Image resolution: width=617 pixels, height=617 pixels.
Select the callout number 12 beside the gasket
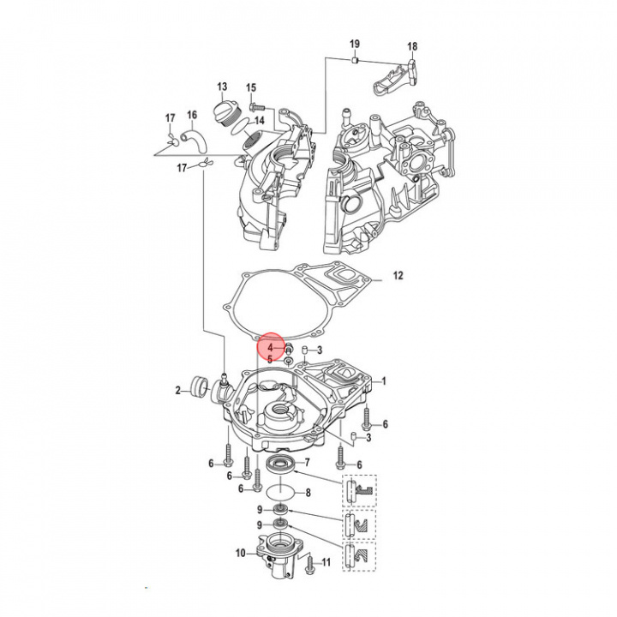point(398,276)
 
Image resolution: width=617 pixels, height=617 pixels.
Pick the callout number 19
point(354,44)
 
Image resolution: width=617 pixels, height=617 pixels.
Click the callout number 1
point(384,380)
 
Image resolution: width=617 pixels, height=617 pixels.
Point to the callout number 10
point(241,553)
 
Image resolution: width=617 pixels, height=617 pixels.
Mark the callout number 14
point(259,121)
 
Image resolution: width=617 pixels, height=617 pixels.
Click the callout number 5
point(269,360)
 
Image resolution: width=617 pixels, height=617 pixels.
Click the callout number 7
point(307,462)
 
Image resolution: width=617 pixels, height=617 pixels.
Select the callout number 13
point(222,87)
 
